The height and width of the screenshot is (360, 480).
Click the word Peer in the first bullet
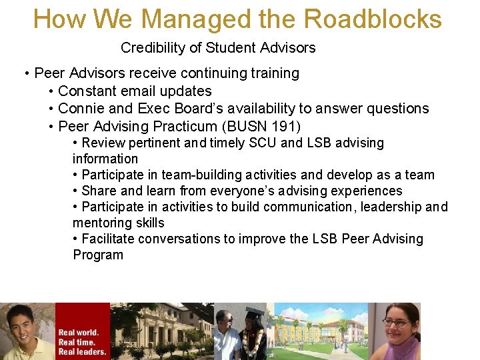pos(48,73)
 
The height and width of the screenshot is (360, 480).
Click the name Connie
pos(81,109)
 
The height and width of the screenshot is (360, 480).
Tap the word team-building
pos(195,175)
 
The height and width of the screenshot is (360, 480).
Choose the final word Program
pos(98,255)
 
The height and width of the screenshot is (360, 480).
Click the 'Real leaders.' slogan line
pos(82,351)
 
